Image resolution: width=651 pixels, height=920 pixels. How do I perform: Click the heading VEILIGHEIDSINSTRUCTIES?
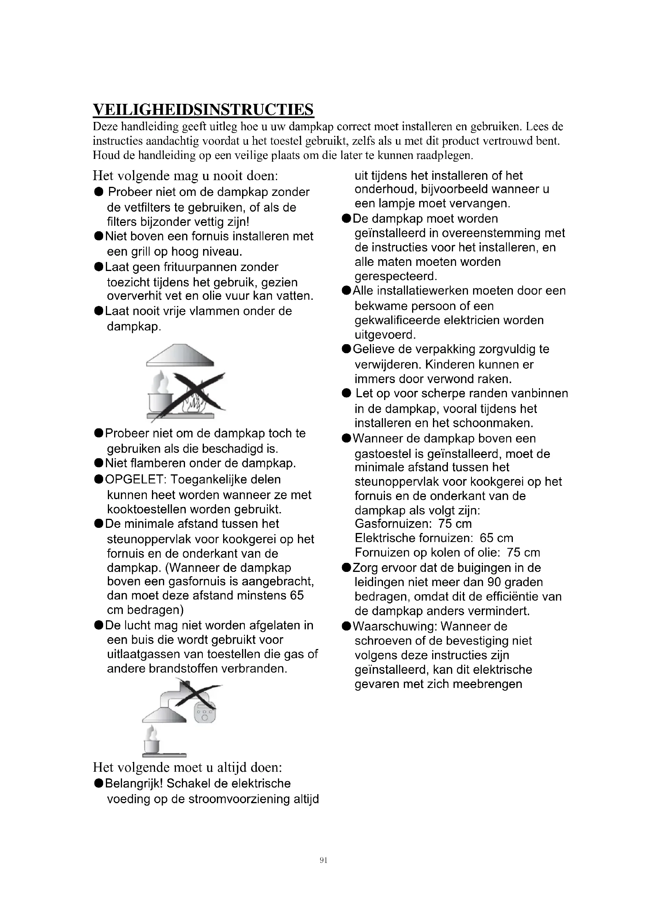click(x=203, y=109)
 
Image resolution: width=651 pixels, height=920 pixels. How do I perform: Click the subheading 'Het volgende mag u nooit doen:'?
click(x=185, y=175)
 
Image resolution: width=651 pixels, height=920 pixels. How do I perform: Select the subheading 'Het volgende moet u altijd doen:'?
click(x=188, y=767)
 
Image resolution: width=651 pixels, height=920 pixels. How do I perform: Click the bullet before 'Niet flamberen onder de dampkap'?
click(x=99, y=464)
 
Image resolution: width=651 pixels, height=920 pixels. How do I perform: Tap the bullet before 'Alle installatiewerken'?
click(x=346, y=291)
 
